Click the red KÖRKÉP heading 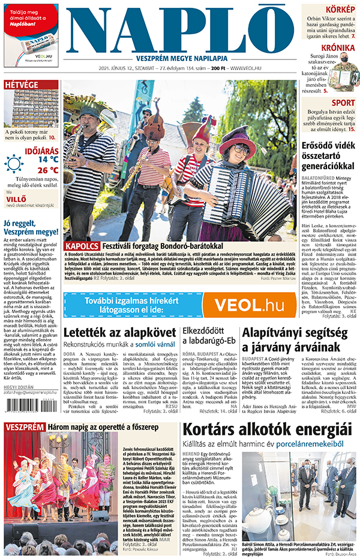tap(340, 10)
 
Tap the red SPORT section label tap(341, 103)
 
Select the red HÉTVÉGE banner tap(22, 85)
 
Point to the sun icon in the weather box tap(14, 163)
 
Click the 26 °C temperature tap(49, 170)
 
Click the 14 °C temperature tap(49, 160)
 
